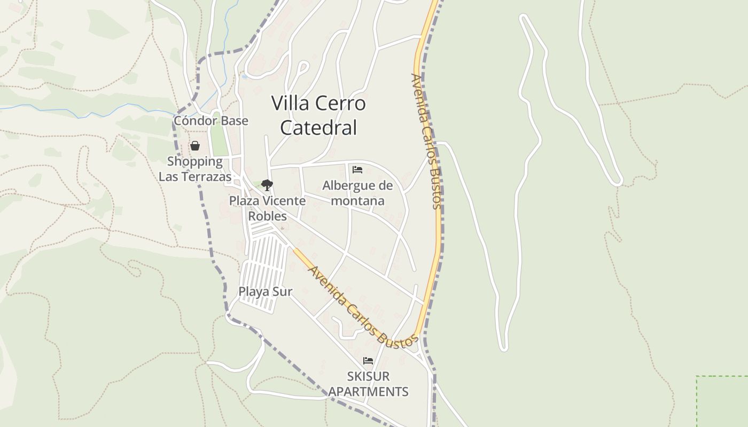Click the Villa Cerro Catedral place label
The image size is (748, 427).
(x=318, y=115)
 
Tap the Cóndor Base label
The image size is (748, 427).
(x=211, y=121)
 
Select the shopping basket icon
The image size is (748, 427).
(x=195, y=146)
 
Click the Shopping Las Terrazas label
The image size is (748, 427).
(x=195, y=169)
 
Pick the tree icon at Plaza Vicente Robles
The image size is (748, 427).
(x=267, y=185)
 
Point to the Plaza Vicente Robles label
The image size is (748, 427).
(x=267, y=208)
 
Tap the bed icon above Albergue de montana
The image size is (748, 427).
(x=357, y=170)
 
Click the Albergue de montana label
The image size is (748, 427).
(x=357, y=193)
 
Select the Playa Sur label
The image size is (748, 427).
(x=265, y=291)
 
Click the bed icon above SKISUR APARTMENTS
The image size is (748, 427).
(x=368, y=361)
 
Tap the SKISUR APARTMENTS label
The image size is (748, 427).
(x=368, y=384)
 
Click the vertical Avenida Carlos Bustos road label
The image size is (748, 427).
(x=426, y=141)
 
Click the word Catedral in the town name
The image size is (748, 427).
(x=318, y=128)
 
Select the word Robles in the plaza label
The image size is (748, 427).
(x=267, y=216)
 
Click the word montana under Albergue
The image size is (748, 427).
(x=357, y=201)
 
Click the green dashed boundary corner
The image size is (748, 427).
(x=697, y=377)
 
